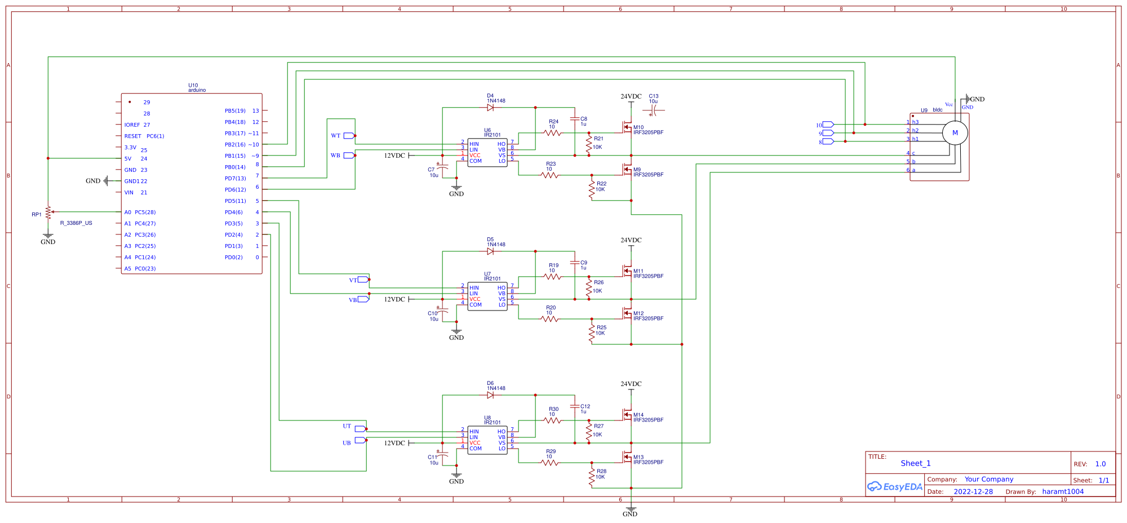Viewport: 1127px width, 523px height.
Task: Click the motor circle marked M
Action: pos(955,133)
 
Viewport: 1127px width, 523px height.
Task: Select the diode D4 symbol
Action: pos(490,107)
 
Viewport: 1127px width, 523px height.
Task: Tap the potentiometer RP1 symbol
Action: pos(48,212)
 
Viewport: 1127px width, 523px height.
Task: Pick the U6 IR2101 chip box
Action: pos(487,153)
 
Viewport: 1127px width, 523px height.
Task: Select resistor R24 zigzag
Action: pos(553,133)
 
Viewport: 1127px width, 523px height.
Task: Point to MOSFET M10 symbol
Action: pos(627,127)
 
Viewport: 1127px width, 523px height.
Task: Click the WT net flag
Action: pos(349,136)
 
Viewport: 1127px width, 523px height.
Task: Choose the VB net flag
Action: pos(363,299)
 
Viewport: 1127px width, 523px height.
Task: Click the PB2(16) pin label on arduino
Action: pos(235,145)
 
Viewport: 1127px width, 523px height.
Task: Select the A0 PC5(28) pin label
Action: pos(140,212)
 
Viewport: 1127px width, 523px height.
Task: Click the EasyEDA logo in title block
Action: pos(894,486)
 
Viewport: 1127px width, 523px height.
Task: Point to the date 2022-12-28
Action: pos(973,491)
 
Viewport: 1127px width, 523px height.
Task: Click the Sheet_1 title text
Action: pos(916,463)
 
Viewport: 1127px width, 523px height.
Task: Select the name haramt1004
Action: pos(1063,491)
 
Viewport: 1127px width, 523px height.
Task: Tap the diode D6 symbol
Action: pos(490,395)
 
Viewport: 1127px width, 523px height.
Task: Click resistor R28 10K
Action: pos(592,477)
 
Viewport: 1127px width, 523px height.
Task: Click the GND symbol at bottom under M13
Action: pos(631,509)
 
